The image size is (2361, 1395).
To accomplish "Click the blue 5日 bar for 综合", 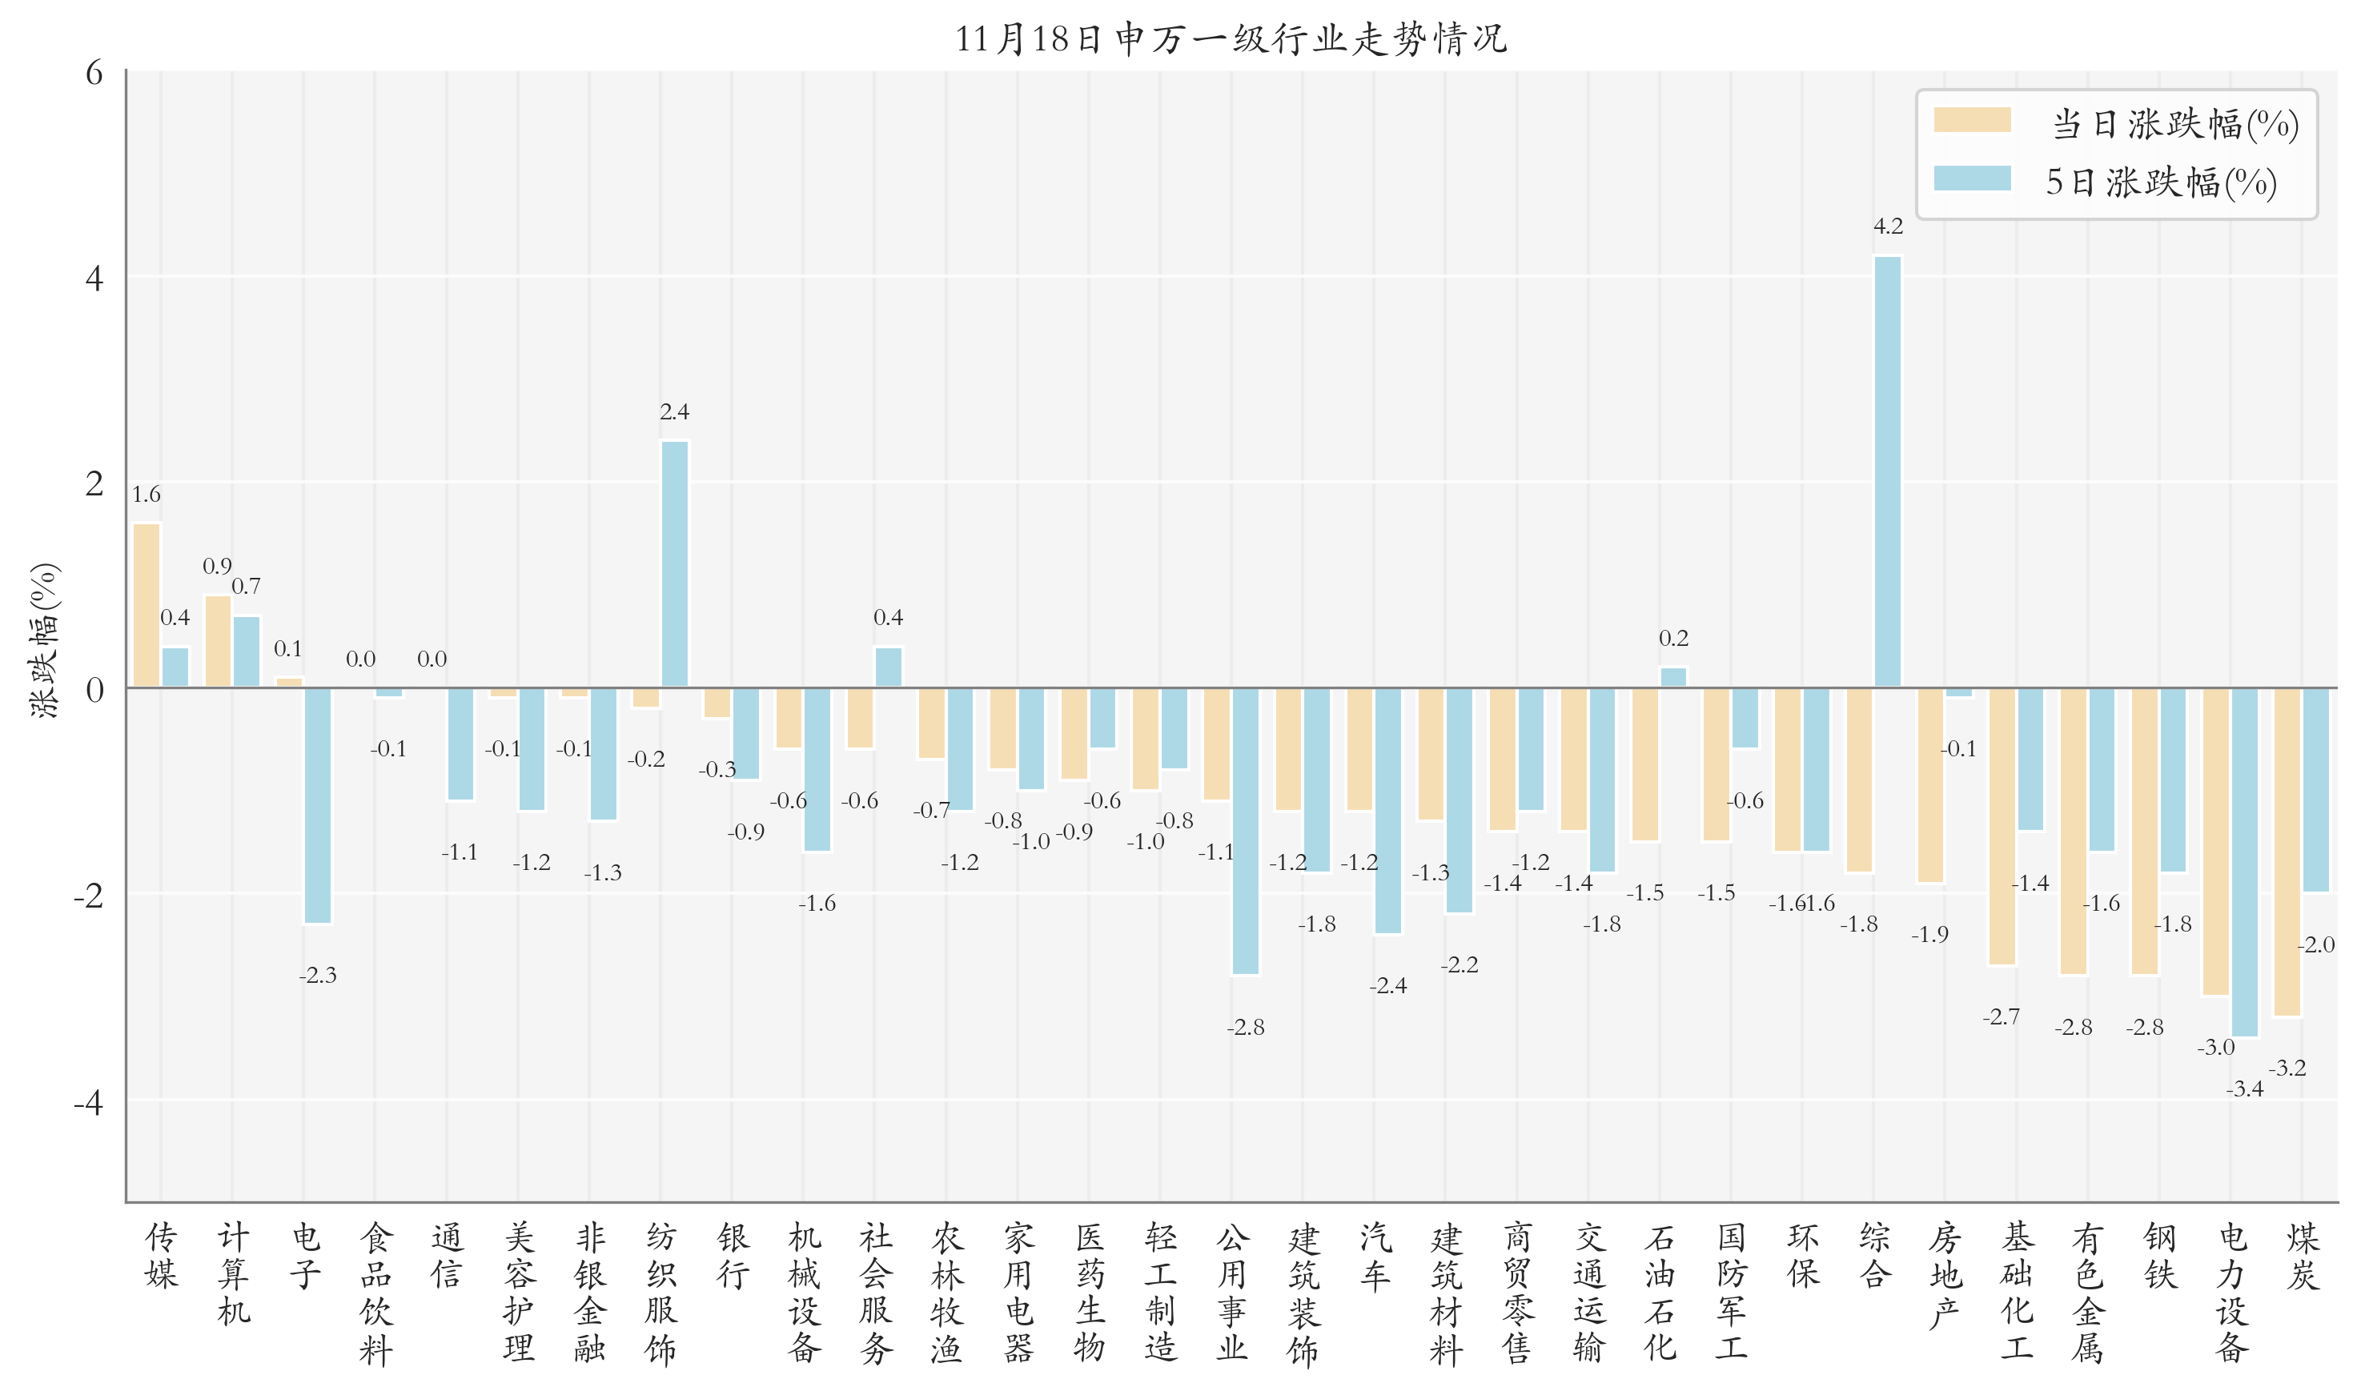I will click(x=1887, y=471).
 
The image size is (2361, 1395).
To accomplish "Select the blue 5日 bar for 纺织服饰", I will click(x=674, y=564).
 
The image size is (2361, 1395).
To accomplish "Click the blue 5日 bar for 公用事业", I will click(x=1245, y=831).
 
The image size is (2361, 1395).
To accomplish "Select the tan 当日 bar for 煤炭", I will click(x=2287, y=852).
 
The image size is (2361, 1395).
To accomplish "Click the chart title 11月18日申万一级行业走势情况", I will click(x=1231, y=38).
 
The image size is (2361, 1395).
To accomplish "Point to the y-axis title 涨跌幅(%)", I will click(x=44, y=641).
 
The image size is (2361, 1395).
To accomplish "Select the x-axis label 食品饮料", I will click(x=375, y=1293).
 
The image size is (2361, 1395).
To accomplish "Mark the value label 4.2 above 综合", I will click(x=1887, y=226).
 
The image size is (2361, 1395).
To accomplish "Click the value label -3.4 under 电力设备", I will click(x=2244, y=1089).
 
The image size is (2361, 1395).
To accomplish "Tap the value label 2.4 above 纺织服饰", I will click(x=674, y=411).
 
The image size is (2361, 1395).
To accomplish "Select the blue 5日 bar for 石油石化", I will click(x=1672, y=677).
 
